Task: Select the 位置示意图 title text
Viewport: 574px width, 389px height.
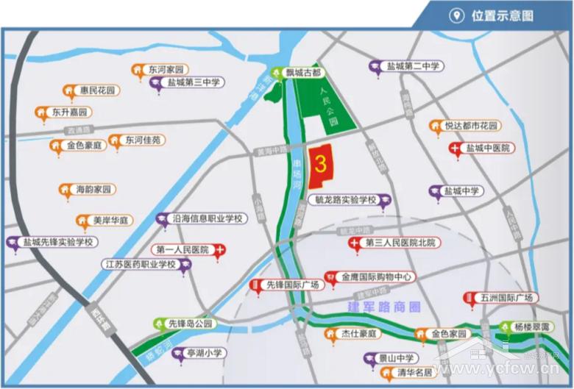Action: click(502, 16)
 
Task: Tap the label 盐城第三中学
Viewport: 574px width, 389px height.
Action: click(194, 83)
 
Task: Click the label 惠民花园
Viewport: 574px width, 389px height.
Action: click(98, 90)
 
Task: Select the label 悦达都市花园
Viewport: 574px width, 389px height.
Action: click(472, 126)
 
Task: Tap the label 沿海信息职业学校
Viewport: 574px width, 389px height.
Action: click(208, 218)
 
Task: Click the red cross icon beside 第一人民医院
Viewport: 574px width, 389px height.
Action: click(219, 250)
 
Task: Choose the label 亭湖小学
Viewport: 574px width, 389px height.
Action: click(204, 354)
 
